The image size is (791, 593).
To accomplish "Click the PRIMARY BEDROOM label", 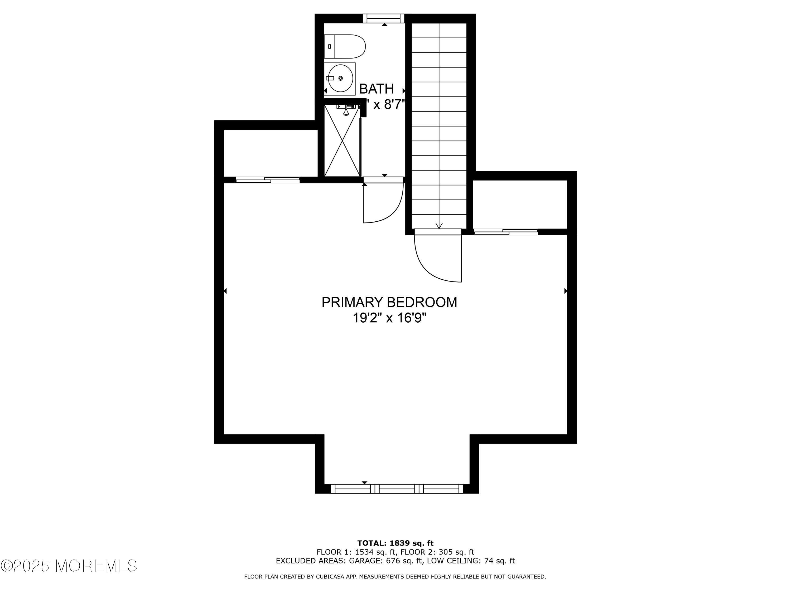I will (x=389, y=302).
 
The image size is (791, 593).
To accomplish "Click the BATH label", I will (x=376, y=89).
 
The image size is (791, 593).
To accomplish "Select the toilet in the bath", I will (x=344, y=46).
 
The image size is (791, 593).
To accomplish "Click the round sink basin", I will (x=340, y=78).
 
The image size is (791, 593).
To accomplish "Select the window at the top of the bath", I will (x=383, y=19).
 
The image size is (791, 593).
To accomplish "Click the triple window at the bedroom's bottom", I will (x=397, y=489).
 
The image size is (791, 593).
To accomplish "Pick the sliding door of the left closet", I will (x=267, y=180).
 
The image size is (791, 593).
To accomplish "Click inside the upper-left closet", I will (x=270, y=153).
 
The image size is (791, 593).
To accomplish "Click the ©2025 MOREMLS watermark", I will (x=69, y=566).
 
